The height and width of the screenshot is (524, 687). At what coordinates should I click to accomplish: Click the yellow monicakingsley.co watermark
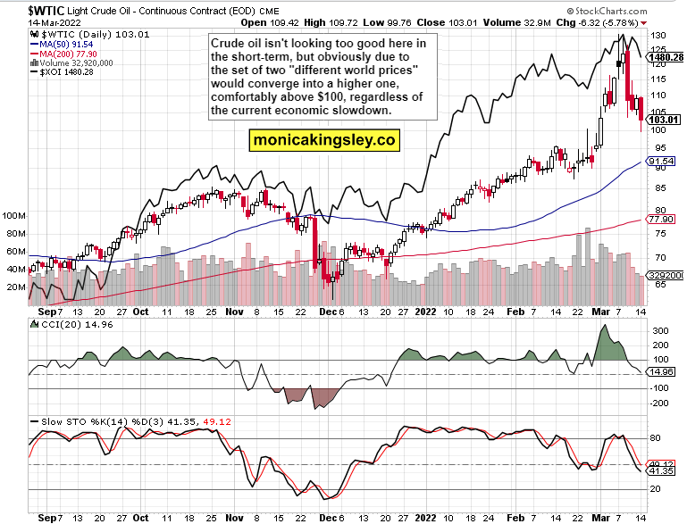click(323, 140)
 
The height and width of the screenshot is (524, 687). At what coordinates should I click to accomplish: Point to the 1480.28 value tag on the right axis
click(668, 57)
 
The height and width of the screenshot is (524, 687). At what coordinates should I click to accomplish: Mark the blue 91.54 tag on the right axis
click(661, 162)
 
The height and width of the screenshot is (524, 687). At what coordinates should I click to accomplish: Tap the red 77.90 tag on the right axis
click(661, 219)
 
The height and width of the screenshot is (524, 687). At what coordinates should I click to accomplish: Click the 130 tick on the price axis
click(658, 36)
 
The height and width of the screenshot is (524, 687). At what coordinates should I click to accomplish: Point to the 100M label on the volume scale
click(13, 216)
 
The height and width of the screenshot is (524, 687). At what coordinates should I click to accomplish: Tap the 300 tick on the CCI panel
click(658, 331)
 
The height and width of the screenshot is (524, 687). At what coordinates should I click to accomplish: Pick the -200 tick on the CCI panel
click(659, 403)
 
